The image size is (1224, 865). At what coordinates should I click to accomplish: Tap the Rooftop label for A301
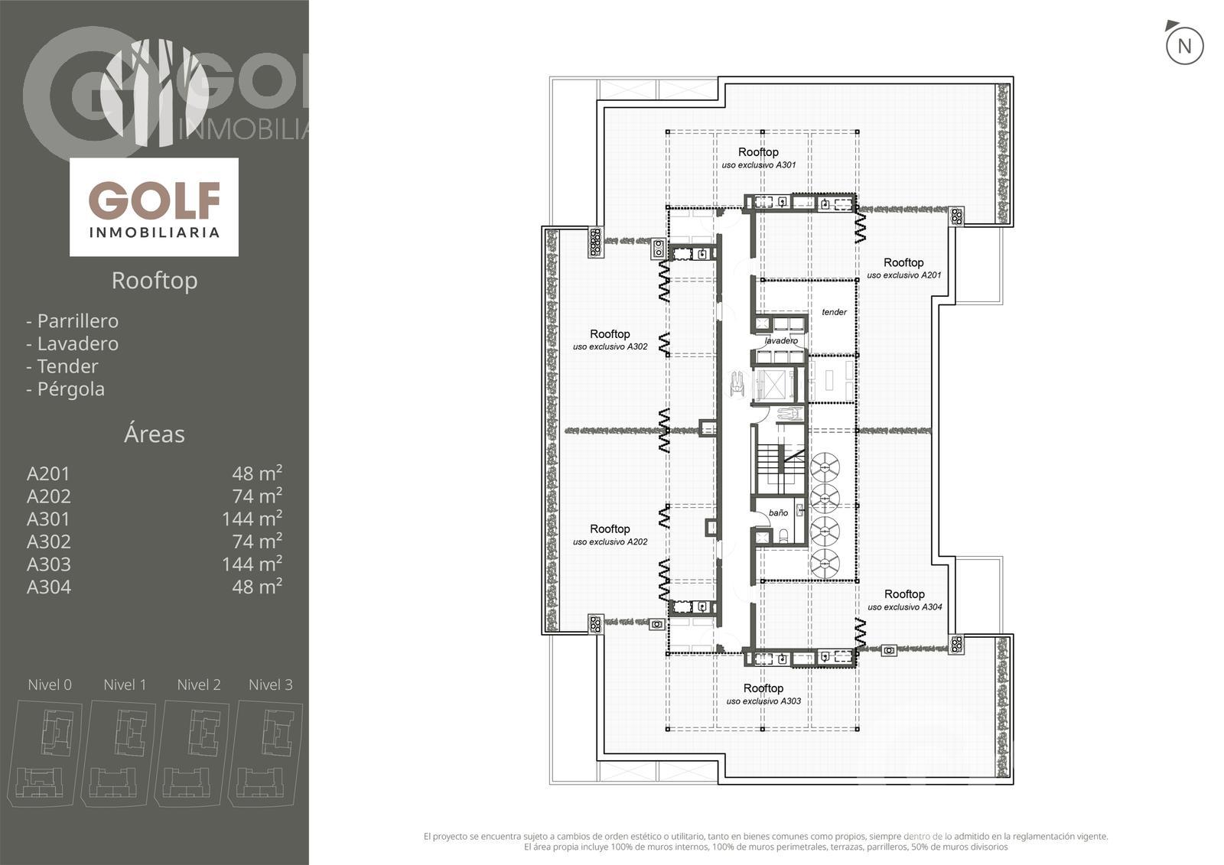click(758, 152)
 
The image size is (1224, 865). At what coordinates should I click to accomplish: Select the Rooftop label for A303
click(763, 688)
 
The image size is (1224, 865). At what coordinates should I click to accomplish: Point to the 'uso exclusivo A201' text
click(903, 275)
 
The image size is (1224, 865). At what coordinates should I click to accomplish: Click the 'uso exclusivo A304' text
click(905, 607)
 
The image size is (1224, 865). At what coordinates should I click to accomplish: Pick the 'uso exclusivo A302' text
click(610, 346)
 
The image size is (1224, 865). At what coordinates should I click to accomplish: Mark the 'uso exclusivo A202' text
click(610, 542)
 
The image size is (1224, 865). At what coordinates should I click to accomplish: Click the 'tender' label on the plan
click(834, 312)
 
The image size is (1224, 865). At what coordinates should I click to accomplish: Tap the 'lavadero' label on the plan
click(781, 341)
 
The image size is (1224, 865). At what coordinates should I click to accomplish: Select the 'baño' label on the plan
click(778, 512)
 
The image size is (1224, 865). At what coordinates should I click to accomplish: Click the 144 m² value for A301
click(252, 518)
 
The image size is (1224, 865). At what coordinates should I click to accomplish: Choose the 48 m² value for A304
click(257, 587)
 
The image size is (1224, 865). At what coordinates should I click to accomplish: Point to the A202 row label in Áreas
click(49, 496)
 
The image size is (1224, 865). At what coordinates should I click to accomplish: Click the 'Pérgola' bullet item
click(66, 389)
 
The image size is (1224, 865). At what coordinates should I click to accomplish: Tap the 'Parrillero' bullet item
click(72, 320)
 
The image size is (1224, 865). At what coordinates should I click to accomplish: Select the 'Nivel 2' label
click(199, 685)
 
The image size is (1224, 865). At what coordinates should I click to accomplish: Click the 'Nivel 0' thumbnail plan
click(45, 753)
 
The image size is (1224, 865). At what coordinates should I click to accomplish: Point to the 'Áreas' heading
click(154, 434)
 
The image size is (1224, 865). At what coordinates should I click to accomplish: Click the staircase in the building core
click(778, 464)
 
